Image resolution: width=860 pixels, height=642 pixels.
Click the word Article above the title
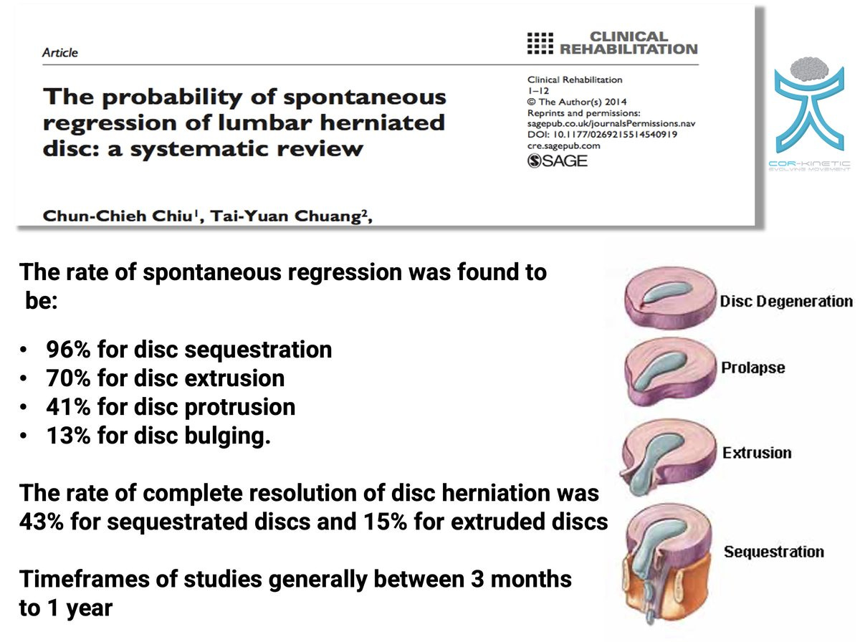point(60,52)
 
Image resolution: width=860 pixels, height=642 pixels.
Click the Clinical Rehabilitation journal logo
point(611,43)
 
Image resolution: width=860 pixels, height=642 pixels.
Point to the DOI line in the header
point(603,134)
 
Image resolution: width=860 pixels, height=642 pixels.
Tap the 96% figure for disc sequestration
point(67,350)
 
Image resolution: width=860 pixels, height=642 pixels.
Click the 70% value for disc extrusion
point(67,378)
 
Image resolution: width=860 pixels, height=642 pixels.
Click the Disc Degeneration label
point(785,301)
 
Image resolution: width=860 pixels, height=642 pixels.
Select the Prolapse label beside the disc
point(752,368)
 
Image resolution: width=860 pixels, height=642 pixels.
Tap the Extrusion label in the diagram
point(757,453)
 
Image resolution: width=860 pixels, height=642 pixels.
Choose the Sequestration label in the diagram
point(773,552)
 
